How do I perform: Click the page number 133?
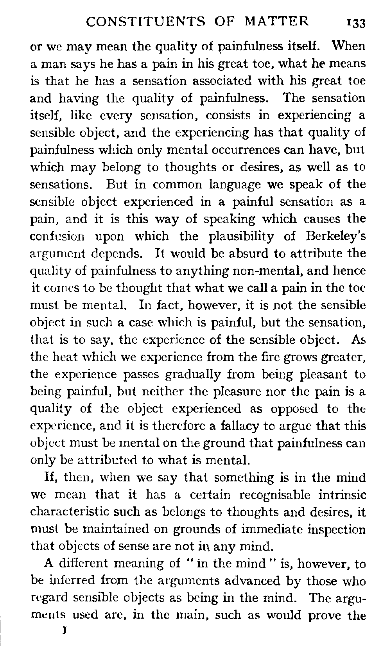[354, 23]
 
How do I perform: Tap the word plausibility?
[242, 237]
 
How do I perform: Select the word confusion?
[57, 237]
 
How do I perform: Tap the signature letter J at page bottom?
[63, 630]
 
